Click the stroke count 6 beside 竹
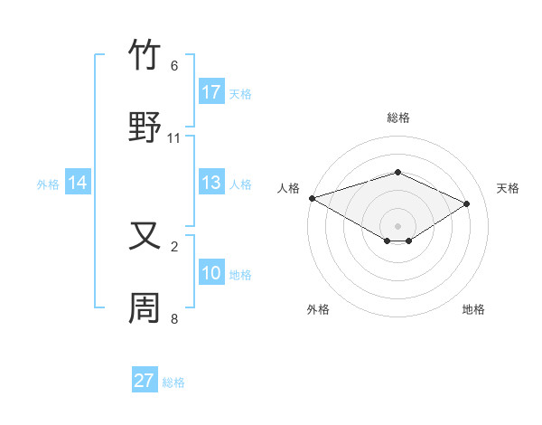tap(174, 66)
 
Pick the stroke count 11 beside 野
tap(174, 137)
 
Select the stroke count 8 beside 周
tap(174, 318)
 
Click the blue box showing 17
tap(211, 92)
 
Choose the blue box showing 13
tap(211, 183)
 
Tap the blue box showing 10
tap(211, 273)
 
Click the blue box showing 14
tap(78, 183)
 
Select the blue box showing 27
tap(145, 381)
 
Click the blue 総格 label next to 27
tap(174, 382)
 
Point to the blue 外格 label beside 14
tap(48, 184)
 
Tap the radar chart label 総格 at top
tap(397, 118)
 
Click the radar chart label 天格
tap(509, 188)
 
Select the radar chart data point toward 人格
tap(312, 198)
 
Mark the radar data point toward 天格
tap(466, 203)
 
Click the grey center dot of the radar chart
tap(397, 225)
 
